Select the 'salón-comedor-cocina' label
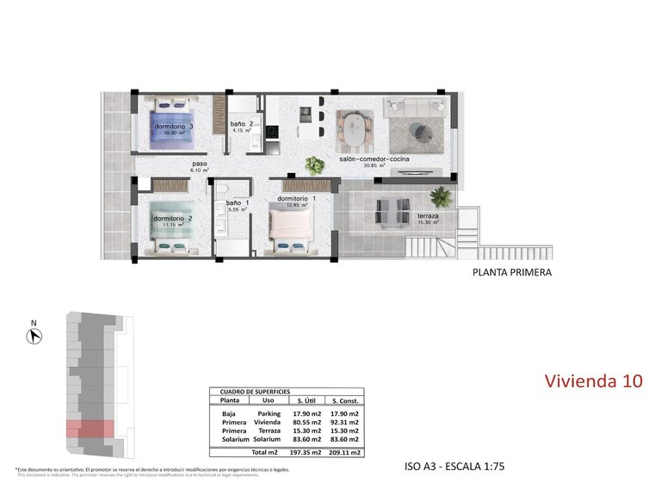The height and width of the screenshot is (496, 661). coord(374,159)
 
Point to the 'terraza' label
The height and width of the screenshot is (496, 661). coord(428,216)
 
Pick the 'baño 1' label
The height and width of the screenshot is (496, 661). coord(238,204)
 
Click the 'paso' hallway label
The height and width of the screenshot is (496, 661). coord(199,164)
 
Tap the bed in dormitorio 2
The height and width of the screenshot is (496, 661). coord(171,226)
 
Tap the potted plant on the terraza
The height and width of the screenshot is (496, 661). coord(441,195)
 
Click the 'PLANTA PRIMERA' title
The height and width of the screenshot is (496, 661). coord(511,273)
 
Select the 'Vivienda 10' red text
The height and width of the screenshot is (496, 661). coord(594,381)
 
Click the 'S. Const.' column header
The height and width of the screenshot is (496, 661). coord(344,400)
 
